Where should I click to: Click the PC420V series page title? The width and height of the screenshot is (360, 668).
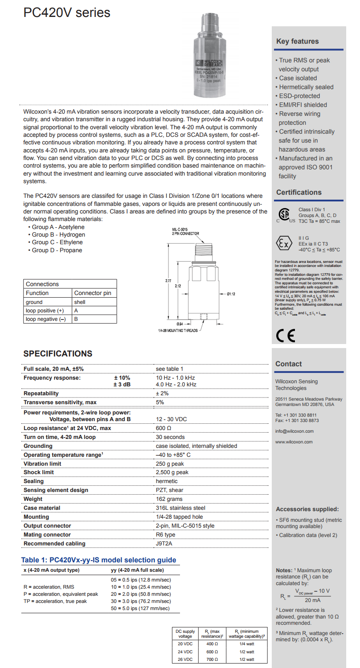coord(67,12)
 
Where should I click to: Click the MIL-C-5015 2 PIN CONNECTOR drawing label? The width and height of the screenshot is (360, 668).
coord(185,231)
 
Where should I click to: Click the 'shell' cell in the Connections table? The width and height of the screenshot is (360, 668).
coord(80,302)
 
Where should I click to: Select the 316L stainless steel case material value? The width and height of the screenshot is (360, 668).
coord(180,508)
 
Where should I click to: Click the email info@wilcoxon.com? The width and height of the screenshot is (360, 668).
coord(294,431)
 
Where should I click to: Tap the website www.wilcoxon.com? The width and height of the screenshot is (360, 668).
coord(294,442)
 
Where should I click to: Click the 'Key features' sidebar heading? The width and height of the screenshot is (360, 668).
coord(297,41)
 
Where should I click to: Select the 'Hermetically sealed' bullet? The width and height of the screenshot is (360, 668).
coord(306,87)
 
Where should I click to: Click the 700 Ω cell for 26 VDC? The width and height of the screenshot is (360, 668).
coord(212,659)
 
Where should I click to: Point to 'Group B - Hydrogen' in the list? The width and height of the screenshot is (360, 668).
coord(58,234)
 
